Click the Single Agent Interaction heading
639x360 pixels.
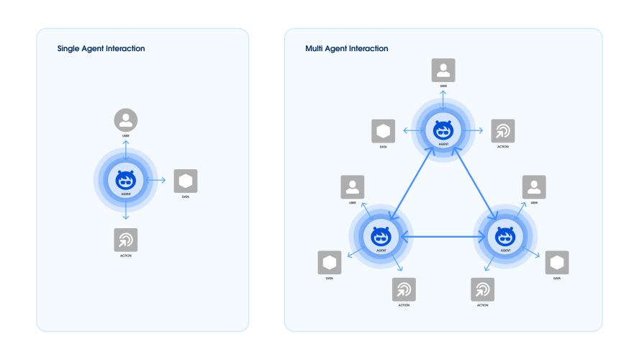101,49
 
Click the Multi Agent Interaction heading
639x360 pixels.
347,49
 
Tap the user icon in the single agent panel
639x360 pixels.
126,120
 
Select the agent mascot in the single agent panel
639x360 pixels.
126,180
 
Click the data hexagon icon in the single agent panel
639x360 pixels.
186,181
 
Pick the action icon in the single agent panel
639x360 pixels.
126,240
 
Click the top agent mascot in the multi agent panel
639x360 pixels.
443,130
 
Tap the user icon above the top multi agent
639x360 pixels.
443,71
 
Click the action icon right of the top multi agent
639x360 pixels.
503,131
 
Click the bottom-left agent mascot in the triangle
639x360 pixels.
381,235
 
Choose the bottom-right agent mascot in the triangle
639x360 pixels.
504,235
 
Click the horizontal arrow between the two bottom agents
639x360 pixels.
443,235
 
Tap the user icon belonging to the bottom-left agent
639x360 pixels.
353,187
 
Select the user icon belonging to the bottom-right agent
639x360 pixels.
534,187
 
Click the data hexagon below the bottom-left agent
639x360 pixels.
330,263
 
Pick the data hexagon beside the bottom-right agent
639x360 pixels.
556,263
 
